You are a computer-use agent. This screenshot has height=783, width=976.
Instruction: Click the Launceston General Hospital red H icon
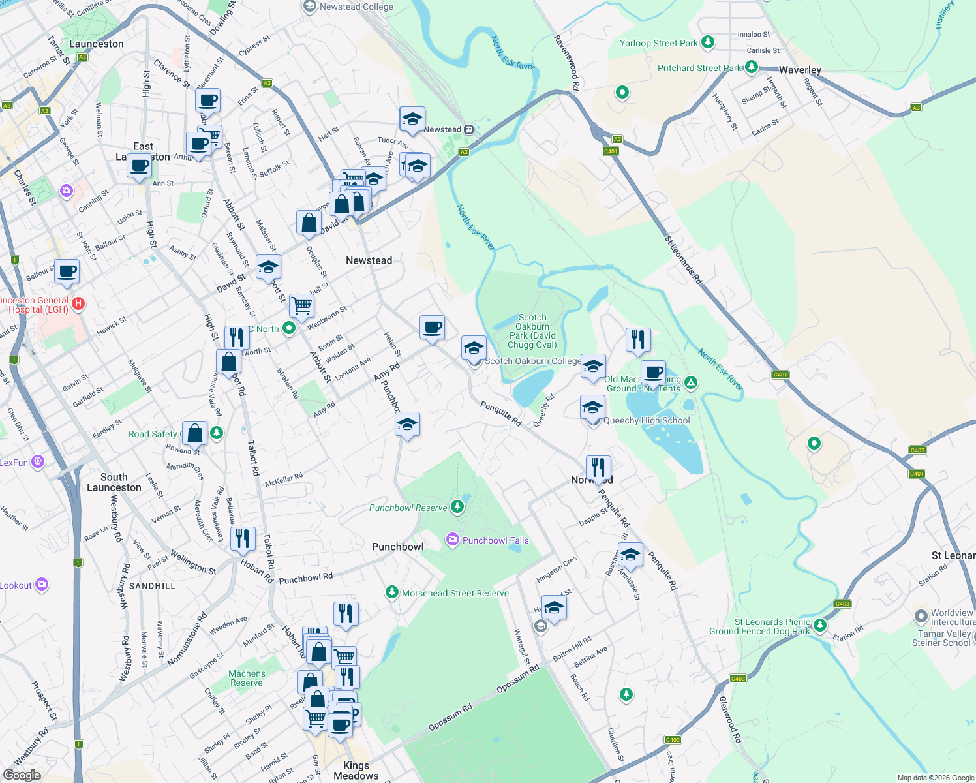coord(78,303)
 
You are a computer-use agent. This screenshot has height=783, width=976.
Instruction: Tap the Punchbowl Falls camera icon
coord(452,540)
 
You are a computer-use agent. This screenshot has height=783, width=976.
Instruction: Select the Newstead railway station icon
coord(468,129)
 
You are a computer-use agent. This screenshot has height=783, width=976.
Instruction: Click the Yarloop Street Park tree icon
coord(708,43)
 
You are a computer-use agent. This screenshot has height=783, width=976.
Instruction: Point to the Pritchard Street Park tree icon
coord(752,67)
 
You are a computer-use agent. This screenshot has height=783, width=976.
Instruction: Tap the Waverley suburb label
coord(800,70)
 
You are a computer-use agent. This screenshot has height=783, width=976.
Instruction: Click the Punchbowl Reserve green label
coord(408,508)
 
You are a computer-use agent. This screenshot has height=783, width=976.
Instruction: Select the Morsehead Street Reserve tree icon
coord(391,592)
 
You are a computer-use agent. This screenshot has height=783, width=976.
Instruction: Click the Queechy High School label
coord(646,421)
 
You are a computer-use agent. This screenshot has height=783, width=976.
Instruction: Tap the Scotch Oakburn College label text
coord(532,361)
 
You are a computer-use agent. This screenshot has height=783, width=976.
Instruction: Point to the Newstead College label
coord(356,7)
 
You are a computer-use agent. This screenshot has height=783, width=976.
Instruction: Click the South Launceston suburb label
coord(114,482)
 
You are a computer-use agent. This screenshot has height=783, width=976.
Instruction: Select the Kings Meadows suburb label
coord(356,771)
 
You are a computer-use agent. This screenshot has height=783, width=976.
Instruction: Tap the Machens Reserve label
coord(247,678)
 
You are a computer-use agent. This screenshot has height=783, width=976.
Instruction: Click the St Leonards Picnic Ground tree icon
coord(820,626)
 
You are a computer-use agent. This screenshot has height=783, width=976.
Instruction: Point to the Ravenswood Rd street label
coord(566,62)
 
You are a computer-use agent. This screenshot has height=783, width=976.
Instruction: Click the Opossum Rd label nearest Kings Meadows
coord(450,717)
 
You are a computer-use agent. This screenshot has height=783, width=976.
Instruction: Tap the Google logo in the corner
coord(22,775)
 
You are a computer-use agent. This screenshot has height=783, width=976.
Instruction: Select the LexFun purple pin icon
coord(38,462)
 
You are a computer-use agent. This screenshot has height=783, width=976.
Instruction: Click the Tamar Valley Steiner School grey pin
coord(921,616)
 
